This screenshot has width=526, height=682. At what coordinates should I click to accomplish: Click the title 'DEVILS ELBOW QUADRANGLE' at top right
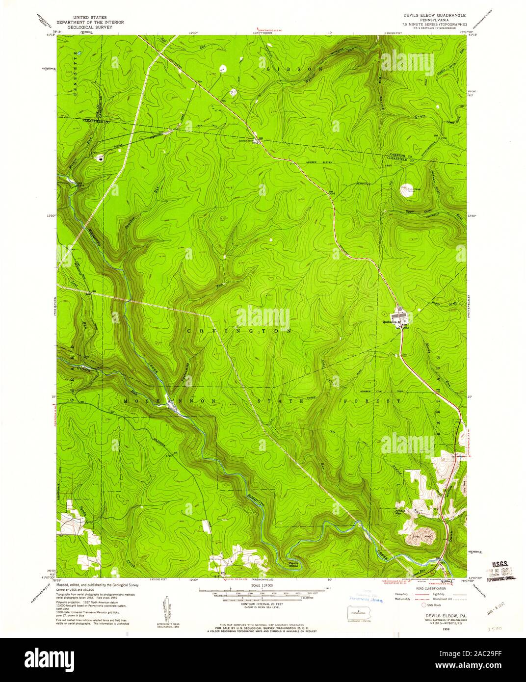click(435, 16)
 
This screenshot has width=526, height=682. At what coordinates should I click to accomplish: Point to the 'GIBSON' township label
click(295, 69)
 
